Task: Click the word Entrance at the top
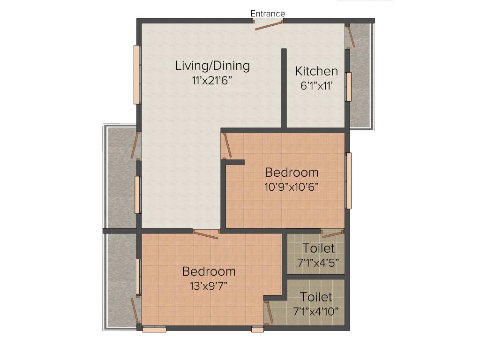point(268,14)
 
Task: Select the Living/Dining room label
point(212,66)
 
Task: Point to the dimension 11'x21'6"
point(212,80)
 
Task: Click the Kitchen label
point(316,71)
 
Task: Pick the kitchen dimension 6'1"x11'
point(316,86)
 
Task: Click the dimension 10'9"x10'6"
point(292,187)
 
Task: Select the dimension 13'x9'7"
point(209,285)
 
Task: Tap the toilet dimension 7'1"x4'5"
point(318,262)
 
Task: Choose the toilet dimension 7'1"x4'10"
point(316,311)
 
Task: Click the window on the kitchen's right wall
point(348,87)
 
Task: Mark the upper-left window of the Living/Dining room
point(137,75)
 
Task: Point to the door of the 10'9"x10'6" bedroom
point(227,146)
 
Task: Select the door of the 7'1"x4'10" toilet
point(269,313)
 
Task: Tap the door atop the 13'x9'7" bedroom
point(206,234)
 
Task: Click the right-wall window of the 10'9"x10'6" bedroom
point(348,180)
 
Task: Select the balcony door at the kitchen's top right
point(350,37)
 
